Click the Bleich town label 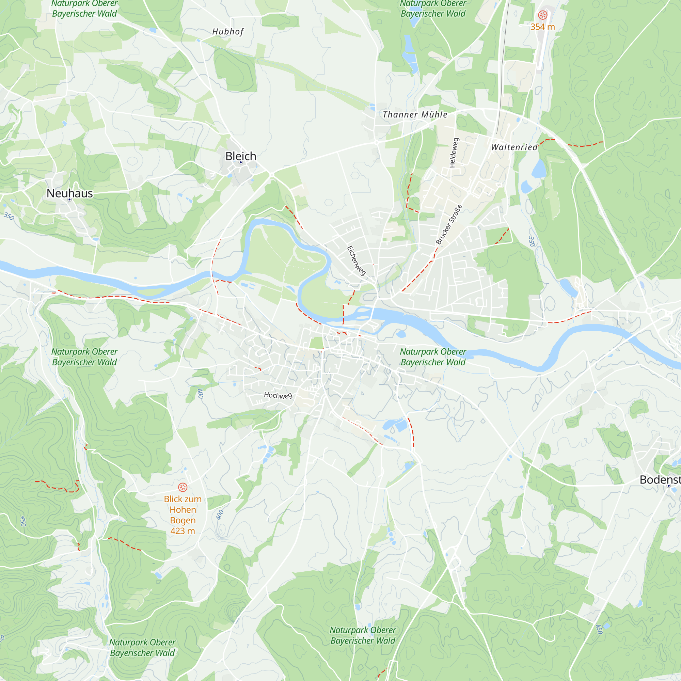coord(241,156)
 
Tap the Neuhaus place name coord(70,193)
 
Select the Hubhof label coord(228,32)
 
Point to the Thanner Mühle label coord(415,114)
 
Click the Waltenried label coord(514,147)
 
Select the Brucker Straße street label coord(449,224)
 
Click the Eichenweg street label coord(357,260)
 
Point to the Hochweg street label coord(278,395)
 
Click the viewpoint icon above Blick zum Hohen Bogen coord(183,487)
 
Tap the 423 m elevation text coord(183,531)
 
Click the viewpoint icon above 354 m coord(542,15)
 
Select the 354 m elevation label coord(542,27)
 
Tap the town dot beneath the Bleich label coord(241,162)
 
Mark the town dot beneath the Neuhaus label coord(70,200)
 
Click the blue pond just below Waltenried coord(539,169)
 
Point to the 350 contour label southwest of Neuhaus coord(9,216)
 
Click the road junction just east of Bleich coord(272,174)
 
